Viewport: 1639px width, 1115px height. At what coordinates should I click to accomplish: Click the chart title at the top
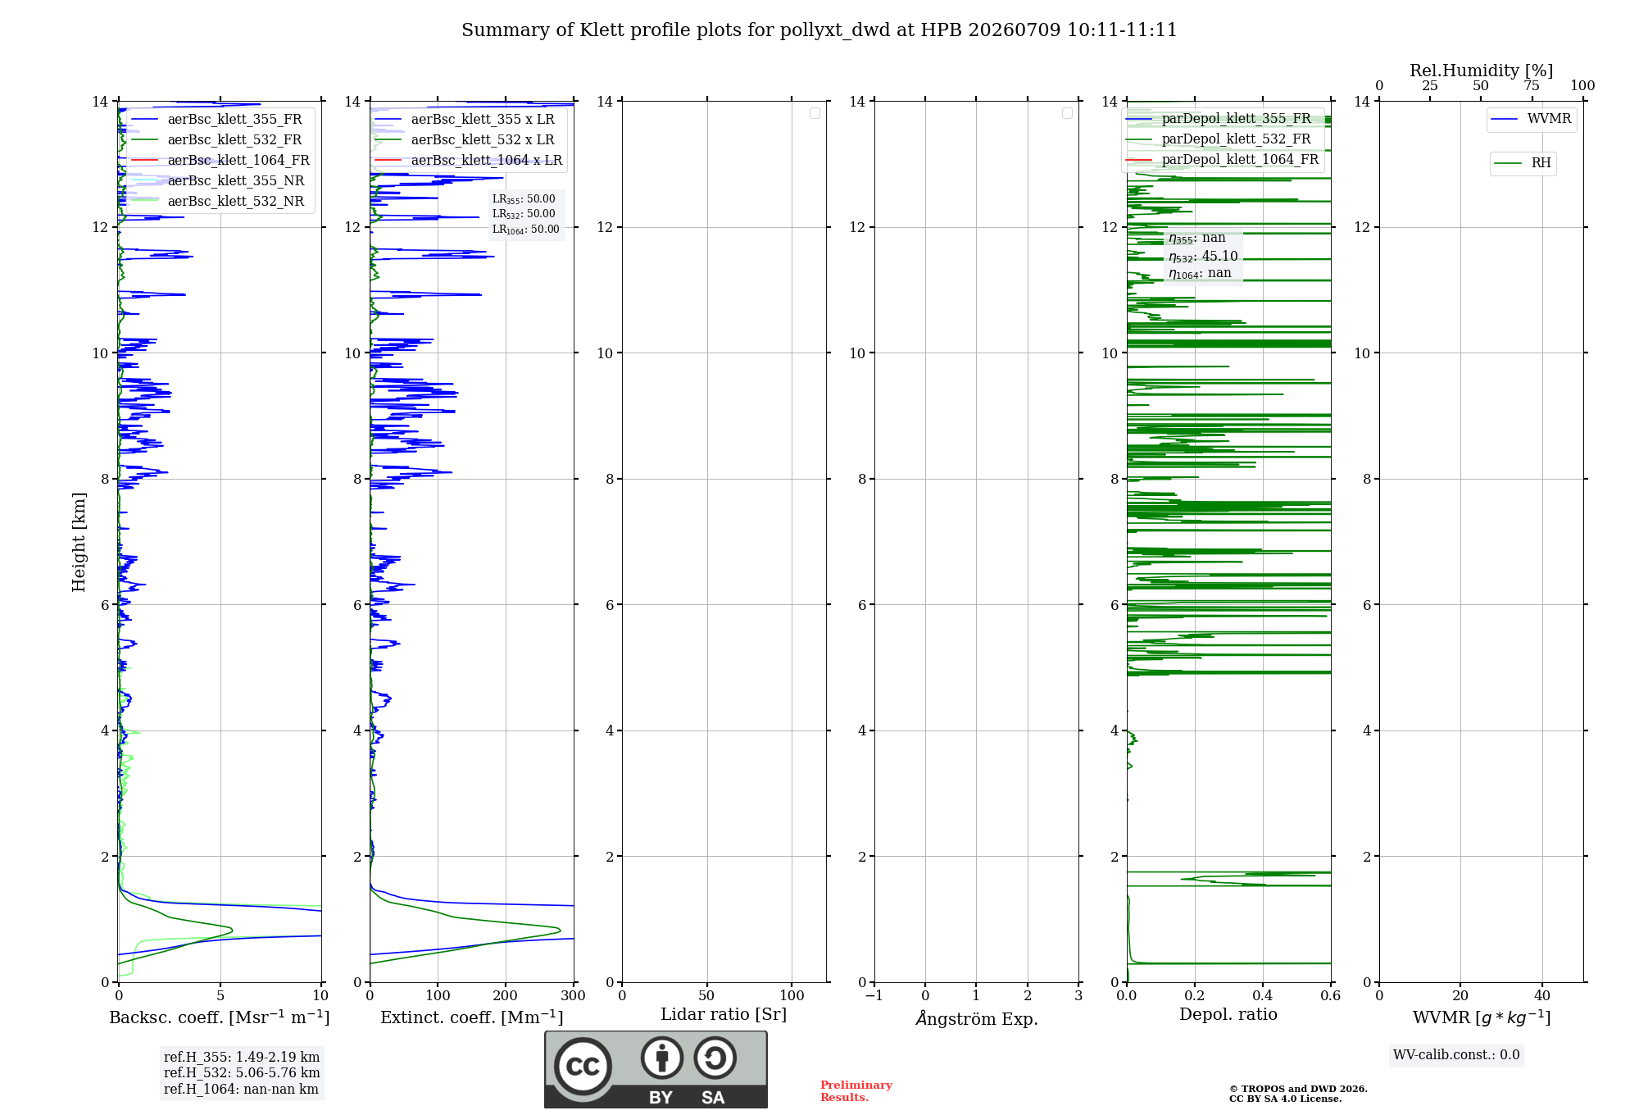pos(819,30)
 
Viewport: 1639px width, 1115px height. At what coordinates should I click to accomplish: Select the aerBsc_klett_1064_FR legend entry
pos(220,160)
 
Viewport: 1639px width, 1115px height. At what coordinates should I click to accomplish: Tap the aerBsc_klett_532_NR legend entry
pos(218,201)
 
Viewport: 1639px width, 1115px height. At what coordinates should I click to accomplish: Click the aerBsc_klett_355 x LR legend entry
pos(465,119)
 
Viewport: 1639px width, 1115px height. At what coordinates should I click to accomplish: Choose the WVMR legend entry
pos(1531,119)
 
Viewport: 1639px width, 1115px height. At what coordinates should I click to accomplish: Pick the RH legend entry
pos(1523,163)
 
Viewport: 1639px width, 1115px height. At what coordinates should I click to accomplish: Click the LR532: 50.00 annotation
pos(524,214)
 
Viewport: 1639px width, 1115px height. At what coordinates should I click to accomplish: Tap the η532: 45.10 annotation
pos(1203,257)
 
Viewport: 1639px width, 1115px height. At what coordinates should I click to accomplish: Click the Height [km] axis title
pos(79,542)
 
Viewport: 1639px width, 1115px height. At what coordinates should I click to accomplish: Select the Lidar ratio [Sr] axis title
pos(724,1015)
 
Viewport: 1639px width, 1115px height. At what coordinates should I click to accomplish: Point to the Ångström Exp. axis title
pos(976,1017)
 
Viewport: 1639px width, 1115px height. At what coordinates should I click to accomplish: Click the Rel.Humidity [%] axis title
pos(1481,71)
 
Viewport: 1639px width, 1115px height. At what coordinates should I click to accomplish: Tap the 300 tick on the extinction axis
pos(574,995)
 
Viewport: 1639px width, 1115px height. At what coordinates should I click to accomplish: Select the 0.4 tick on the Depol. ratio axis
pos(1263,995)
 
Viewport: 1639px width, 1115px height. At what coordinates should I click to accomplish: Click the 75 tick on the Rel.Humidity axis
pos(1531,85)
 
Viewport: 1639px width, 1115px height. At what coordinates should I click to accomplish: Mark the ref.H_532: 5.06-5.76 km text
pos(242,1072)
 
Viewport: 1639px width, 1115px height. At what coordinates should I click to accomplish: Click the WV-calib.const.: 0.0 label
pos(1456,1055)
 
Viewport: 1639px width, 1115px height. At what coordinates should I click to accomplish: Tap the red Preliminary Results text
pos(856,1091)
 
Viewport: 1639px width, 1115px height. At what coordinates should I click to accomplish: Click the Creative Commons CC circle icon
pos(583,1067)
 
